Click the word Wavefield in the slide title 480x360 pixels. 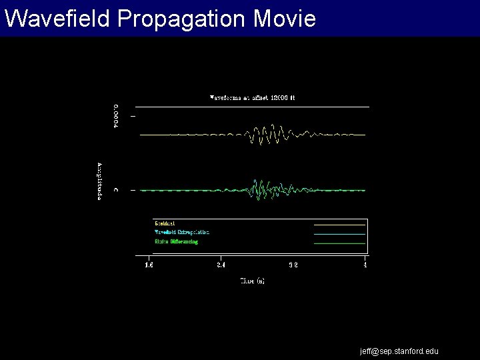pos(57,19)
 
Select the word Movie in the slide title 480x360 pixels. pos(285,19)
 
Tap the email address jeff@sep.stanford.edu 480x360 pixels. pos(399,351)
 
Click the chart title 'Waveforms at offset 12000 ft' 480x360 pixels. pos(252,97)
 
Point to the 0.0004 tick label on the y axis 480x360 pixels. pos(116,116)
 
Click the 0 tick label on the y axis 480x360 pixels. pos(116,190)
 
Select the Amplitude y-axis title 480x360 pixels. pos(100,181)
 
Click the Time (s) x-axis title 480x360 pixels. pos(252,281)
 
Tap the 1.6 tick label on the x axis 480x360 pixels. pos(149,265)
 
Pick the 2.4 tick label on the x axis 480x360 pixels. pos(221,265)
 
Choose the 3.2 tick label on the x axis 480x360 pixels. pos(293,265)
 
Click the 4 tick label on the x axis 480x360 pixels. pos(365,265)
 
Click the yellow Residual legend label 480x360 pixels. pos(165,223)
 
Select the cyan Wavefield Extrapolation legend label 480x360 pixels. pos(182,232)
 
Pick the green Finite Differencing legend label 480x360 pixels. pos(177,241)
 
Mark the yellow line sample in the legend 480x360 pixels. pos(339,225)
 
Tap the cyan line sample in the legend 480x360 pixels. pos(339,234)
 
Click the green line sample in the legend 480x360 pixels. pos(339,243)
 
